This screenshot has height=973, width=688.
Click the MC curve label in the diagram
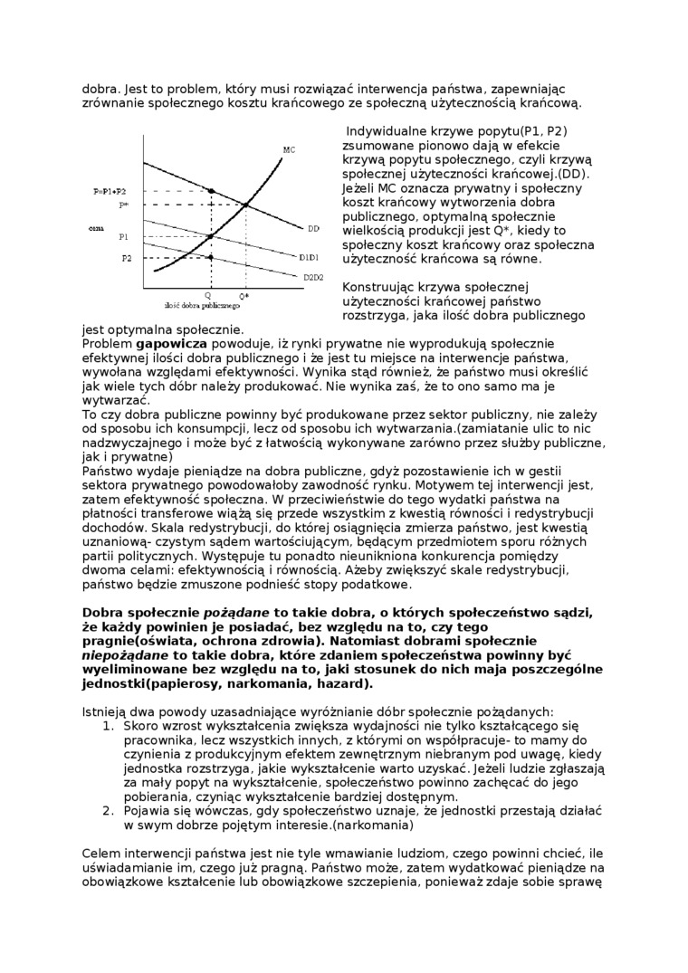(x=289, y=149)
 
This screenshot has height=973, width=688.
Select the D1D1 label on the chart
(x=309, y=256)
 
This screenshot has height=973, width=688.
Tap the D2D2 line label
(x=313, y=276)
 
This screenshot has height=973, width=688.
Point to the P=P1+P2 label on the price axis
(x=110, y=192)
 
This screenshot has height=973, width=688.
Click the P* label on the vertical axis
(x=124, y=205)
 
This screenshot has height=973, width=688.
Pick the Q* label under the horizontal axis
(x=244, y=296)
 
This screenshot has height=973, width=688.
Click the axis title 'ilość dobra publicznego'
(x=196, y=306)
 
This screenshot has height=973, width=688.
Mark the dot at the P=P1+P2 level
(x=211, y=191)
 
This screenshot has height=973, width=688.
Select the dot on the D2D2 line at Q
(x=211, y=257)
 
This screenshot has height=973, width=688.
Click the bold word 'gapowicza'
(x=171, y=344)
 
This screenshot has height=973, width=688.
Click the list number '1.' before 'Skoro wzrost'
(x=108, y=726)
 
